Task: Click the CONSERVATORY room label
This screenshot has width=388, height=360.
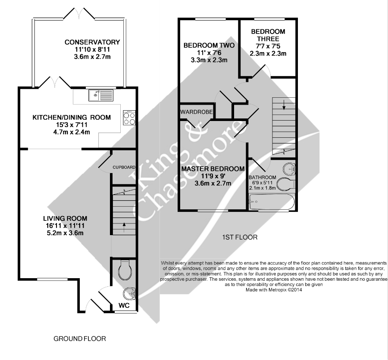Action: [91, 42]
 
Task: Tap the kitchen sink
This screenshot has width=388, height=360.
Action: [100, 95]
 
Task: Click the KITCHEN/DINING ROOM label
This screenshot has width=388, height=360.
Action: [72, 118]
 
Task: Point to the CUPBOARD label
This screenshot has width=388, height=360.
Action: [124, 167]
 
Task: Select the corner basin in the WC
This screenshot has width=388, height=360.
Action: [129, 294]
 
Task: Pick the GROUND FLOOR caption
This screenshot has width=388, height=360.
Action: [79, 339]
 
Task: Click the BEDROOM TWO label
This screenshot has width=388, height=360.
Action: [209, 45]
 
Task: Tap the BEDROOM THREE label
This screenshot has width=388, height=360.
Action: [268, 35]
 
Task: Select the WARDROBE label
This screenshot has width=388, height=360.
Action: [197, 112]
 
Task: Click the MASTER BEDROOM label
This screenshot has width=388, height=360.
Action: [213, 168]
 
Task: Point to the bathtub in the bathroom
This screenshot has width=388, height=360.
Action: [272, 201]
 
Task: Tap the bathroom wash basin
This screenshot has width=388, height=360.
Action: [289, 169]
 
